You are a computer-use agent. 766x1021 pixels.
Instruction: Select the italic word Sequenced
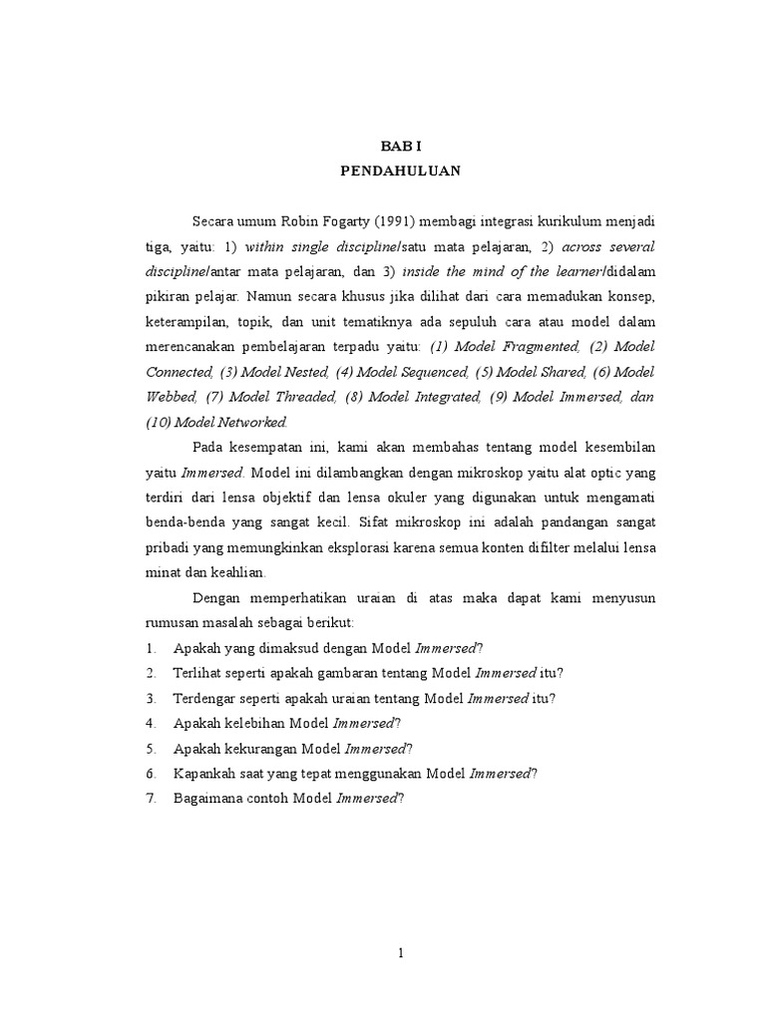[x=430, y=372]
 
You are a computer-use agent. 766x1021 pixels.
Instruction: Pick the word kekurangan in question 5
[x=269, y=749]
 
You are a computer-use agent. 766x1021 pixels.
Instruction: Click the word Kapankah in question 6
[x=205, y=774]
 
